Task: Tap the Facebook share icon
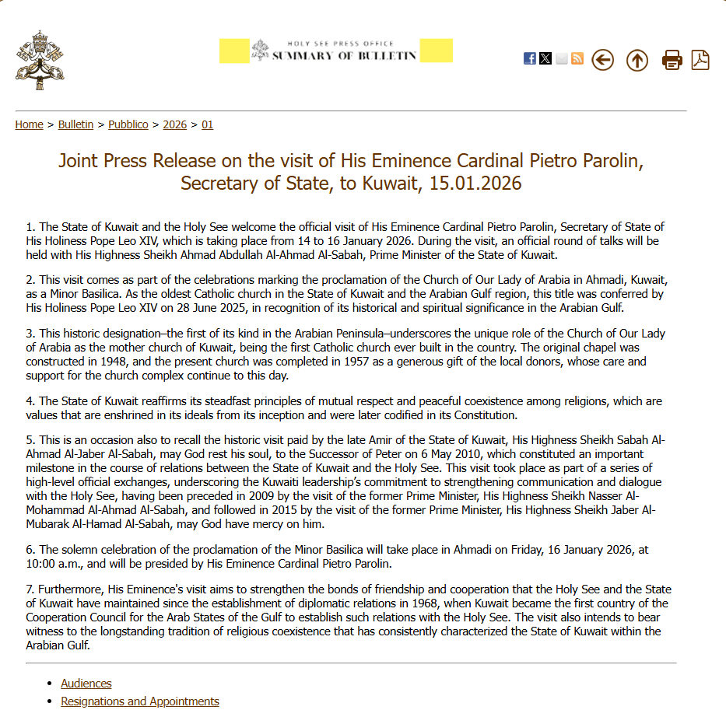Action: tap(530, 58)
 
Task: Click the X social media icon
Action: tap(545, 58)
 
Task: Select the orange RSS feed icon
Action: tap(577, 58)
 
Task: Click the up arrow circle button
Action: tap(637, 60)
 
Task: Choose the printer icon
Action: tap(672, 60)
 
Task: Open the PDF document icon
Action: tap(700, 60)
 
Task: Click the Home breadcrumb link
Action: tap(29, 124)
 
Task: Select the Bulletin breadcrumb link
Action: tap(75, 124)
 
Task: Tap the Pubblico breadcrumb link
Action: tap(128, 124)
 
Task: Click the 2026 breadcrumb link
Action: tap(175, 124)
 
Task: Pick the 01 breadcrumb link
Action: tap(207, 124)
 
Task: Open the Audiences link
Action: tap(86, 684)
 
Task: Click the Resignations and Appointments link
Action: tap(140, 701)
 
